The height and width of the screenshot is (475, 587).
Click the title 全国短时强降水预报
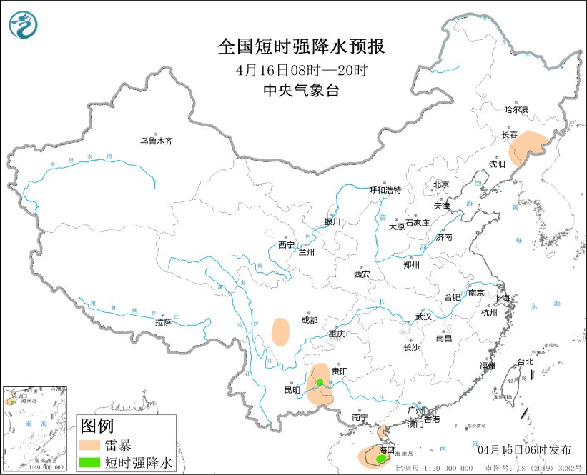[301, 47]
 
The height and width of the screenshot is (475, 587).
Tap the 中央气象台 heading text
[301, 90]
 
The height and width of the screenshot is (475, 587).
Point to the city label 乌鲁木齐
[156, 141]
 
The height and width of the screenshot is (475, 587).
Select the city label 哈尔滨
[516, 109]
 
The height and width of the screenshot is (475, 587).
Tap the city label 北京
[440, 185]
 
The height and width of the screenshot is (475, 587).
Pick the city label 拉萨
[163, 322]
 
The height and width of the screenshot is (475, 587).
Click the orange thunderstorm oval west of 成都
[281, 331]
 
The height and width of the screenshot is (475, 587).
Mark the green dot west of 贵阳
[320, 383]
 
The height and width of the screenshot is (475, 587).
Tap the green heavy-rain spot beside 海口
[380, 450]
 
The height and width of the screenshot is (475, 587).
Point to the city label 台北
[525, 361]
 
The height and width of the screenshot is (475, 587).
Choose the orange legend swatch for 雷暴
[89, 445]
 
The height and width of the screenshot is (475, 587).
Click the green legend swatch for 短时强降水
[89, 462]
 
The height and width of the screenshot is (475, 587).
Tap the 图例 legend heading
[97, 427]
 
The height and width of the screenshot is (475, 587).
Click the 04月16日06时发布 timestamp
[524, 449]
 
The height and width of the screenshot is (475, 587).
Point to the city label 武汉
[424, 316]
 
